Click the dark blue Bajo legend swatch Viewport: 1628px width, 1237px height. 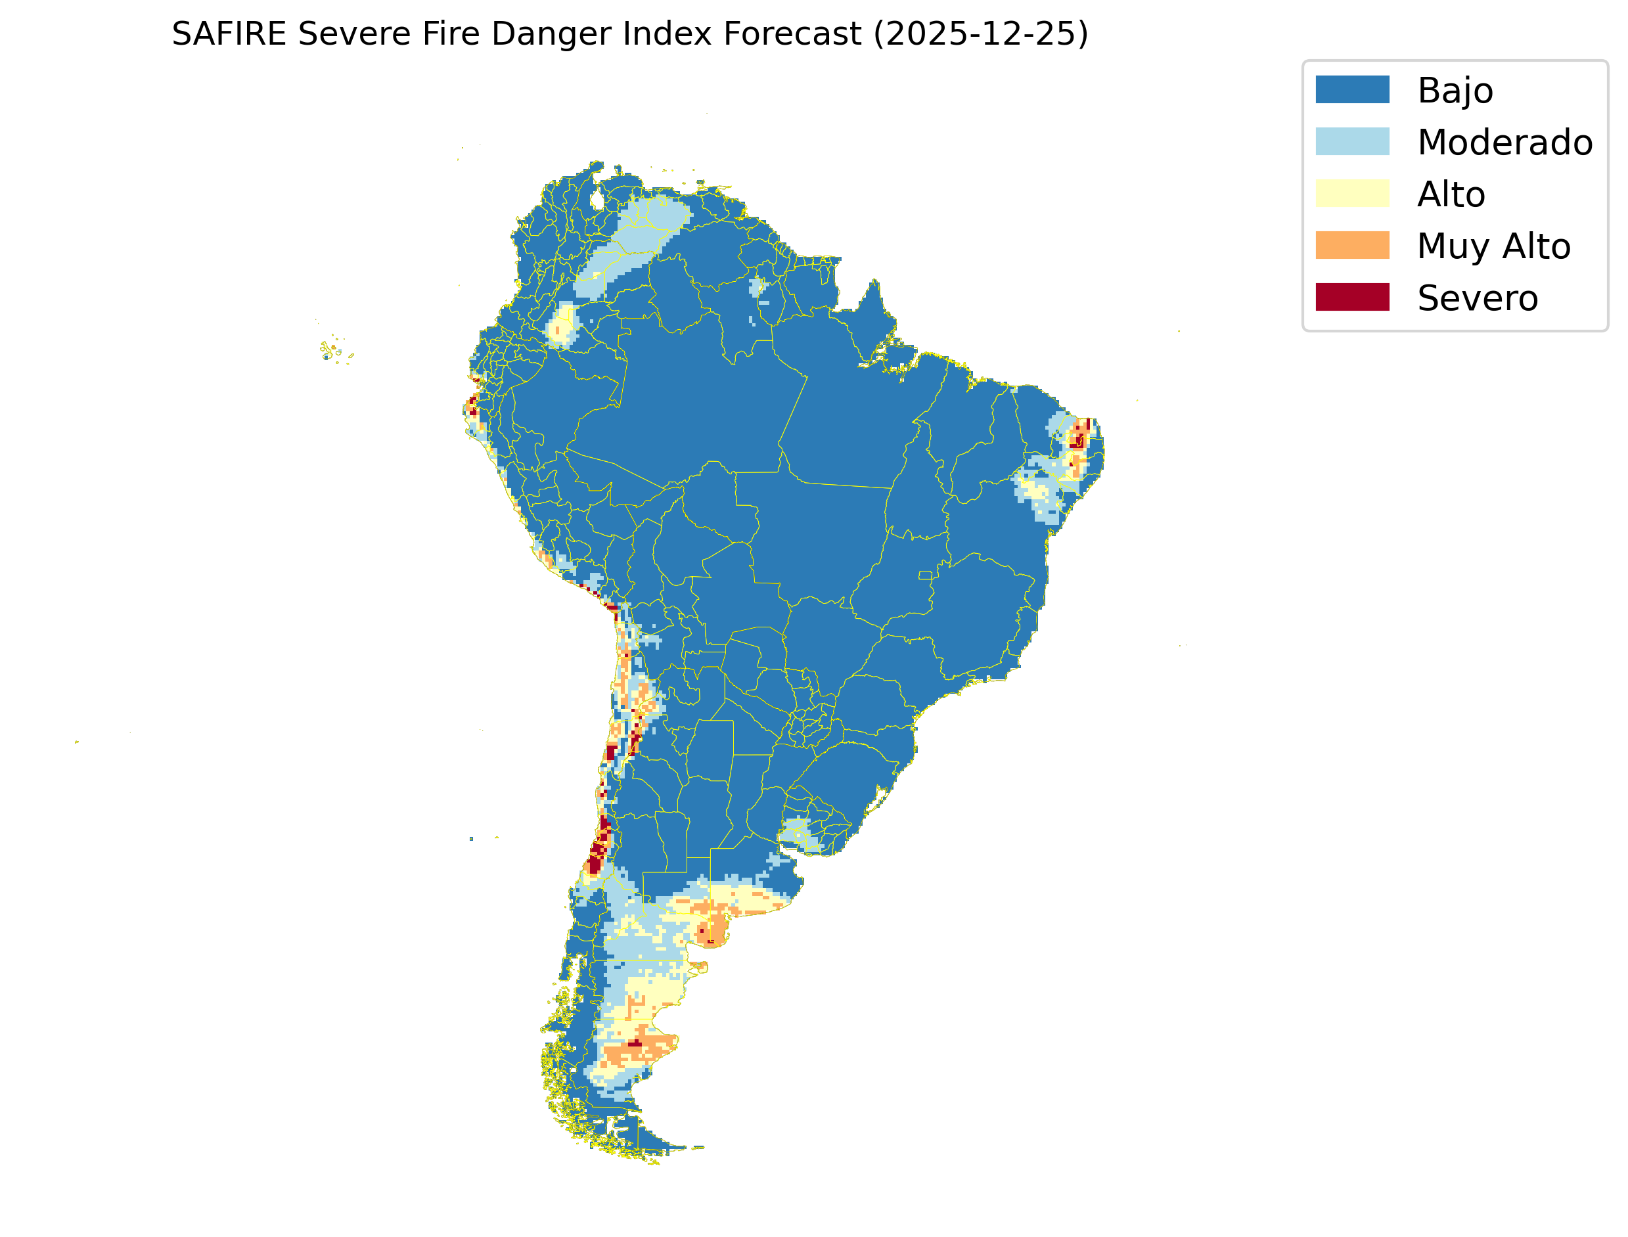(1352, 90)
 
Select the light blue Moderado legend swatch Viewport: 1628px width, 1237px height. (1352, 141)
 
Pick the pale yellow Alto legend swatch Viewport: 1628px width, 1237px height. (1352, 194)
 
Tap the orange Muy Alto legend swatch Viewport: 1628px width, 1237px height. (1352, 245)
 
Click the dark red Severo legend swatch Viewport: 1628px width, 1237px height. (1352, 298)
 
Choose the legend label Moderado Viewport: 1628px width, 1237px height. (1504, 143)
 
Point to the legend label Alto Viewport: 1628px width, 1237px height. (1451, 195)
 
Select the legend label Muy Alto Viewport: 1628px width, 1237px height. (1493, 246)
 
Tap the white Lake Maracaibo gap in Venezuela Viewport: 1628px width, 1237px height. (597, 200)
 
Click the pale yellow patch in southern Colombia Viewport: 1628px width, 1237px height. (563, 325)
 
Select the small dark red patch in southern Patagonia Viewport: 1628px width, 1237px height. (634, 1043)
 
